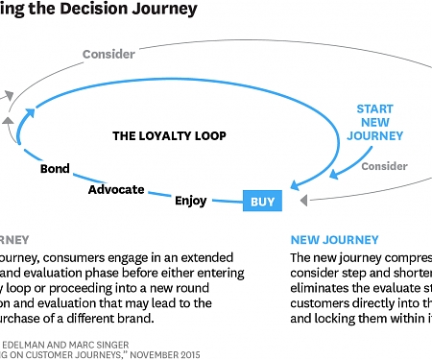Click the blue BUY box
(x=261, y=202)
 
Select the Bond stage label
(x=55, y=169)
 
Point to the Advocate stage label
(x=116, y=189)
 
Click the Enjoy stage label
(x=190, y=201)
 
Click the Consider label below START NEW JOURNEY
(x=384, y=166)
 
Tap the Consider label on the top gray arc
(x=108, y=54)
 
